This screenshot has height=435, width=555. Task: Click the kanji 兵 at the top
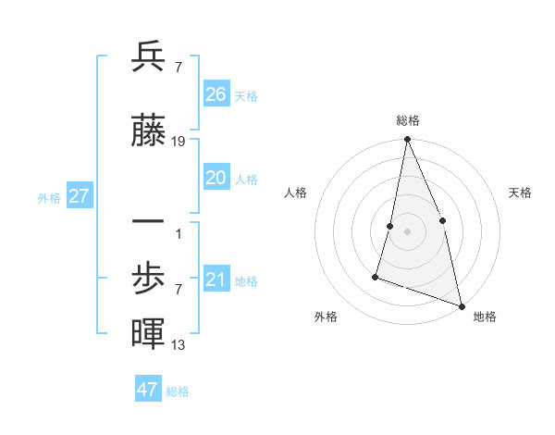point(148,58)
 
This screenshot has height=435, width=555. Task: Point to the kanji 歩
point(148,277)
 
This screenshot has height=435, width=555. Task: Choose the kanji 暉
point(148,334)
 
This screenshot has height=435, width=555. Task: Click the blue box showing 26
point(216,94)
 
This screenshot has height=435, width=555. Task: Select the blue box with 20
point(216,179)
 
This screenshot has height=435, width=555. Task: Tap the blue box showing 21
point(216,280)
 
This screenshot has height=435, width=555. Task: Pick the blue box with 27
point(79,196)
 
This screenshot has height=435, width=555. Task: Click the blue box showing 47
point(148,390)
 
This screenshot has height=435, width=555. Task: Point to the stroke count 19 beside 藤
point(179,142)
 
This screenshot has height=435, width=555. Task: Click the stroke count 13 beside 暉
point(179,345)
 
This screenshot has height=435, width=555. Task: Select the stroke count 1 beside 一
point(179,233)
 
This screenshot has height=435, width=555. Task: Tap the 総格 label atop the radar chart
point(407,120)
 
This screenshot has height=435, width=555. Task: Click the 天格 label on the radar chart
point(521,193)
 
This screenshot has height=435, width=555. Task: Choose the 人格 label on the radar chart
point(295,193)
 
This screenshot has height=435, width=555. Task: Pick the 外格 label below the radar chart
point(326,317)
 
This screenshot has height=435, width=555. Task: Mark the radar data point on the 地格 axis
point(461,304)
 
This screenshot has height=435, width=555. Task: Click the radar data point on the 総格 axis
point(407,140)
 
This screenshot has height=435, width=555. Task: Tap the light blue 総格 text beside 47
point(178,391)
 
